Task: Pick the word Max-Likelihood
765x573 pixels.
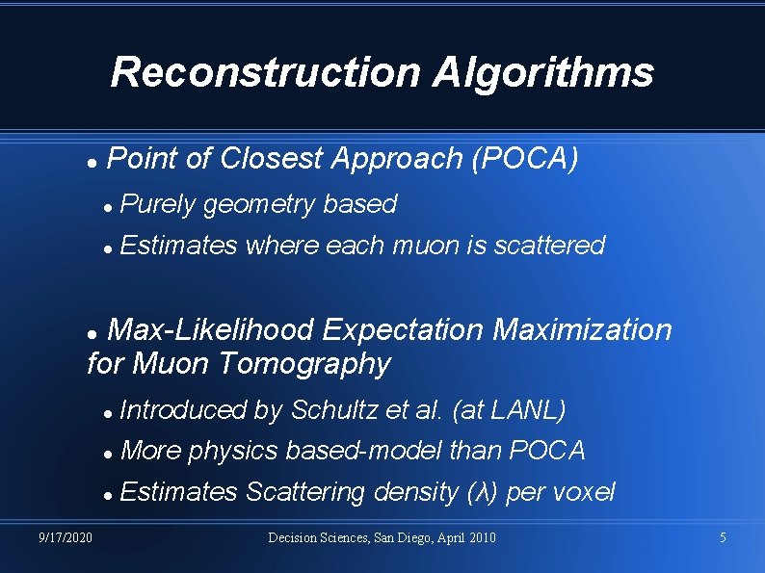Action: tap(210, 330)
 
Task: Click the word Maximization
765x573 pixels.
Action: tap(582, 330)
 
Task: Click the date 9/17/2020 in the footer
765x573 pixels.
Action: tap(66, 537)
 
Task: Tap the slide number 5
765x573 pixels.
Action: tap(723, 537)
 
